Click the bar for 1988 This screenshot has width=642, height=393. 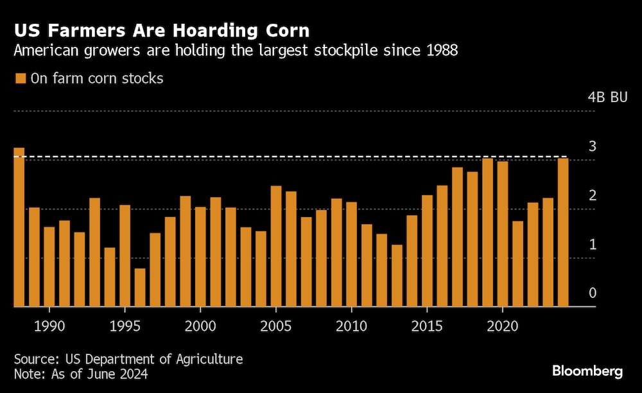(x=19, y=227)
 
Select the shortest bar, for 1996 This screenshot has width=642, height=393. (x=140, y=288)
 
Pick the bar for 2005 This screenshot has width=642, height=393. (x=276, y=247)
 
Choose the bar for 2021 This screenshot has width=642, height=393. (x=517, y=264)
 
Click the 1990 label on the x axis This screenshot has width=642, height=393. (x=49, y=327)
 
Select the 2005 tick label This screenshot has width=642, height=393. (x=276, y=327)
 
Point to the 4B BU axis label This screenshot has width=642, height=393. (x=607, y=98)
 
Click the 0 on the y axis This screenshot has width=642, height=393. (x=593, y=293)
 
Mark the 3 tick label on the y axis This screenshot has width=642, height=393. (x=593, y=146)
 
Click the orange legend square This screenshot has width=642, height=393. (x=20, y=78)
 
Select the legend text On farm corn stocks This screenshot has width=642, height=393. (x=97, y=78)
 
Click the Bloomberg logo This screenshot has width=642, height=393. (x=587, y=371)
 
